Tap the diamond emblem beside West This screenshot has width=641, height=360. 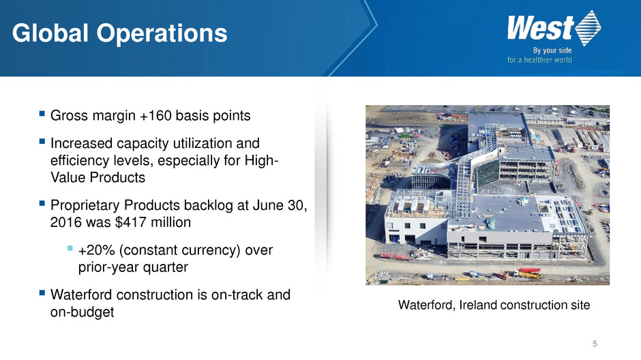point(588,28)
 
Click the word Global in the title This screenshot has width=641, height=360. point(50,33)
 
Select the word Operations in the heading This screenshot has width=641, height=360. point(162,33)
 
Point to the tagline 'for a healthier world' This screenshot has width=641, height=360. point(539,60)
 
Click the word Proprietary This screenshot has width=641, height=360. point(85,205)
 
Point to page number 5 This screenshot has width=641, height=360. point(595,344)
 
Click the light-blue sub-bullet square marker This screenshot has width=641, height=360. point(70,248)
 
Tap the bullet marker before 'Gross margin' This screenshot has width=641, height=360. point(42,113)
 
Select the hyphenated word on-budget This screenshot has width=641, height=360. point(82,312)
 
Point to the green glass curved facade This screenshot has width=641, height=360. point(486,173)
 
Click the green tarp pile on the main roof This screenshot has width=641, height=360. point(490,223)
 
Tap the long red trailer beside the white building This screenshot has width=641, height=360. point(395,256)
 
